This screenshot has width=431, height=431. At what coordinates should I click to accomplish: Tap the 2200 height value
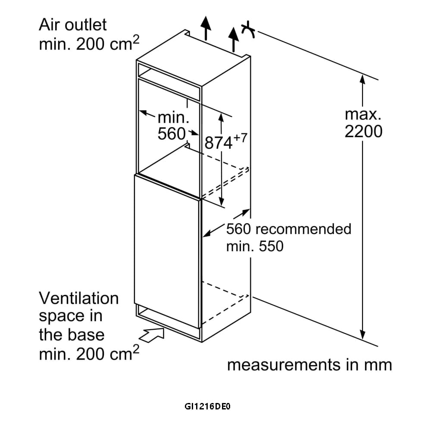[x=363, y=131]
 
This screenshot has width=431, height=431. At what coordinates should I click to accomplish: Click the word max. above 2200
[x=363, y=114]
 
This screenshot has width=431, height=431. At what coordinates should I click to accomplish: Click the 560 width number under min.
[x=171, y=134]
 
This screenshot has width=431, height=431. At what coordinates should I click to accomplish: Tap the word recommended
[x=303, y=229]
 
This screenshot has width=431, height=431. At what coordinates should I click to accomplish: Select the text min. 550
[x=255, y=246]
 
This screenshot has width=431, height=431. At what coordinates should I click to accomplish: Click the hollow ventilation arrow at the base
[x=153, y=334]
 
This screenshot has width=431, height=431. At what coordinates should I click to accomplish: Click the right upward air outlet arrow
[x=234, y=38]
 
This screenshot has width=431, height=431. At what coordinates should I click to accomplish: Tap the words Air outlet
[x=72, y=25]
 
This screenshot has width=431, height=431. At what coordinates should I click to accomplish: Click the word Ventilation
[x=78, y=298]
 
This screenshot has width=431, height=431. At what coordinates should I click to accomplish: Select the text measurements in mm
[x=309, y=365]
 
